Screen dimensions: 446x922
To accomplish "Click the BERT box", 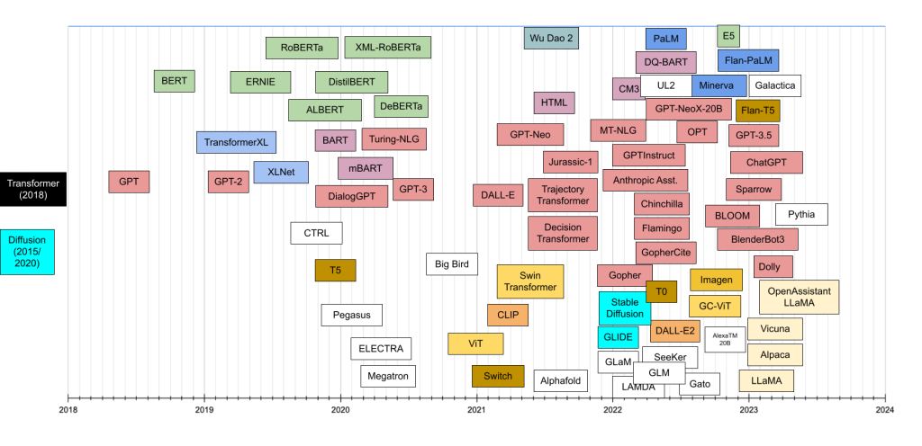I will pyautogui.click(x=174, y=81).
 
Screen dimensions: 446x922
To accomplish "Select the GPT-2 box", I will pyautogui.click(x=229, y=181).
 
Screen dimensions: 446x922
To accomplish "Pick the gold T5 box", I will pyautogui.click(x=335, y=270).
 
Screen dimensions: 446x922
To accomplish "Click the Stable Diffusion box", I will pyautogui.click(x=625, y=308).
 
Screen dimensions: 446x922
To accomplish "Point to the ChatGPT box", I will pyautogui.click(x=766, y=163).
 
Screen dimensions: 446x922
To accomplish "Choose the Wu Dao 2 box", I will pyautogui.click(x=551, y=38).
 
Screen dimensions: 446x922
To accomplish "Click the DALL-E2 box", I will pyautogui.click(x=675, y=331).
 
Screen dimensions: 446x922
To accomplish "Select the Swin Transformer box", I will pyautogui.click(x=530, y=281).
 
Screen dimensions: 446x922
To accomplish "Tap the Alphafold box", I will pyautogui.click(x=560, y=380).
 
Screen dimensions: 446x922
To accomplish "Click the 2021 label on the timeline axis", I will pyautogui.click(x=476, y=411).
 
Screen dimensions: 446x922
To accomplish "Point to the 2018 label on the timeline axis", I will pyautogui.click(x=68, y=411).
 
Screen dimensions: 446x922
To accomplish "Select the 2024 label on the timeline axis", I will pyautogui.click(x=885, y=411).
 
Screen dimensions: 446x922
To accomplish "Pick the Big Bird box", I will pyautogui.click(x=451, y=264).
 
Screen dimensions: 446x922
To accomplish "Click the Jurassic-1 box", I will pyautogui.click(x=571, y=163).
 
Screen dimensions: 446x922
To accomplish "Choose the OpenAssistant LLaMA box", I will pyautogui.click(x=800, y=297).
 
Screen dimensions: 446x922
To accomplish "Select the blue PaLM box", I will pyautogui.click(x=666, y=39).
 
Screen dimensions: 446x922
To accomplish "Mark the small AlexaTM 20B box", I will pyautogui.click(x=725, y=339).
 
